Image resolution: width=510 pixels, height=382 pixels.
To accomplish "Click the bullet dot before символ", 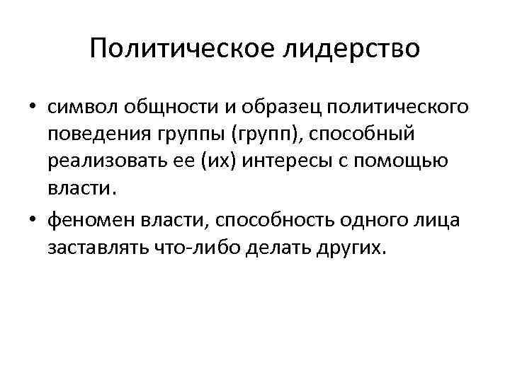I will coord(33,108).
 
